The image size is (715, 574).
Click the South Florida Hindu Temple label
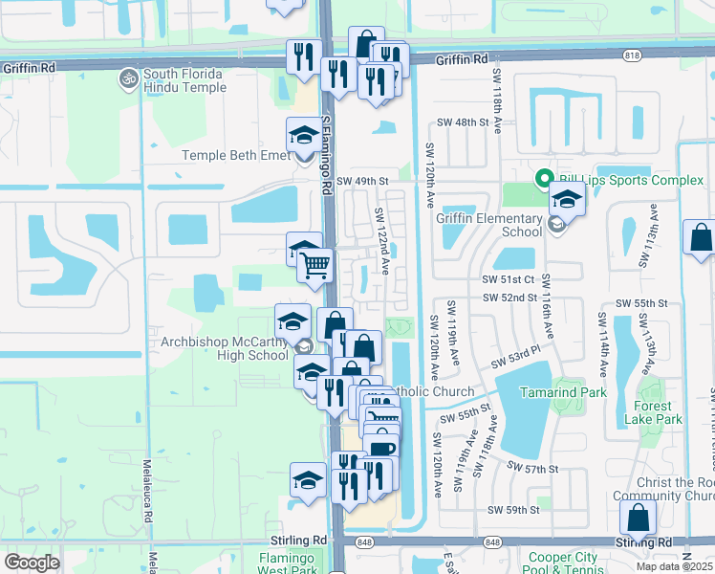184,81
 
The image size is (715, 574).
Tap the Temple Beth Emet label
234,155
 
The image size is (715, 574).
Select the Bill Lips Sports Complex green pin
544,179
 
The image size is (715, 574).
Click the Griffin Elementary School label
489,224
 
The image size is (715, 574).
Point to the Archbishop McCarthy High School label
211,347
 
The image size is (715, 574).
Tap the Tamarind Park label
564,392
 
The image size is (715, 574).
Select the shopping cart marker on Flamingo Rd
314,265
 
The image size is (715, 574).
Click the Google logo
32,562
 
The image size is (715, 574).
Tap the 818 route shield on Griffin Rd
631,56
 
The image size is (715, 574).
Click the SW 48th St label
463,123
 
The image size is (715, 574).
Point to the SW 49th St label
363,181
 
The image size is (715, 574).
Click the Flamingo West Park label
288,563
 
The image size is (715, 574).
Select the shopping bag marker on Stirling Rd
638,519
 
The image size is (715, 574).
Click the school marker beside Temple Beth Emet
304,136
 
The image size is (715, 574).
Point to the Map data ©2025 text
674,566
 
